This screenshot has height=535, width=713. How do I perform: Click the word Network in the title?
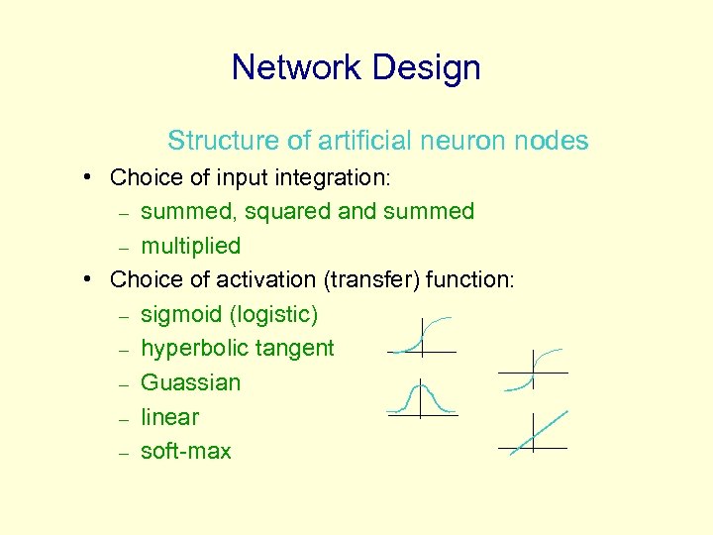(x=293, y=68)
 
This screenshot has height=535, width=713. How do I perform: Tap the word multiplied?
(x=191, y=246)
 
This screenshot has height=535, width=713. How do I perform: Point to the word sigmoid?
(x=181, y=315)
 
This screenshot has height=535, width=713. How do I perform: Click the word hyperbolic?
(x=190, y=349)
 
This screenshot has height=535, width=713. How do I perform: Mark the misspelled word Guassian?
(x=191, y=382)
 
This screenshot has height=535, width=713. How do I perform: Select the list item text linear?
(x=169, y=417)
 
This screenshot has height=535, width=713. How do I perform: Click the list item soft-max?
(x=186, y=452)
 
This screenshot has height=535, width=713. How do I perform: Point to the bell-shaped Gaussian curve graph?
(x=422, y=398)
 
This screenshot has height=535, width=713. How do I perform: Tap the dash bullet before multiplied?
(x=124, y=247)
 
